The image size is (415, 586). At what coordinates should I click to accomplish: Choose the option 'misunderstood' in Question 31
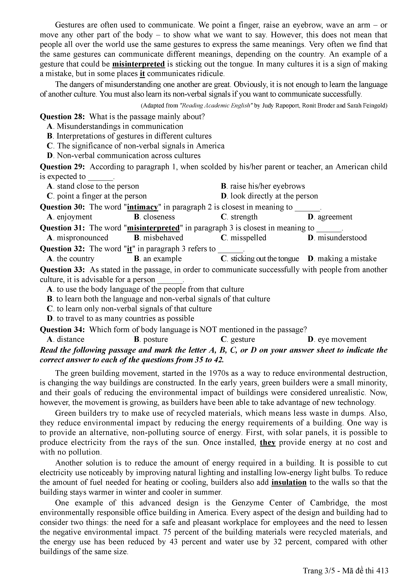click(342, 238)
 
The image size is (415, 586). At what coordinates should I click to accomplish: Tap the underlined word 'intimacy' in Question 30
click(143, 207)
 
